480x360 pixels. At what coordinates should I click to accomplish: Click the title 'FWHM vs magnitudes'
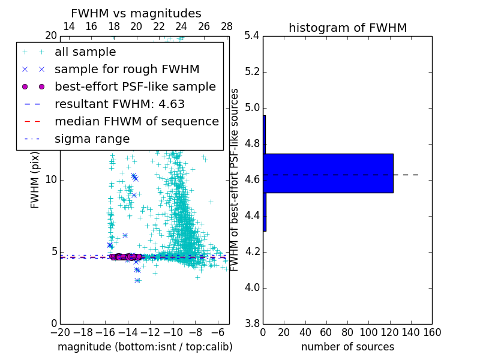pyautogui.click(x=136, y=13)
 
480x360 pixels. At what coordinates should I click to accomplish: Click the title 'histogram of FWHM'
pyautogui.click(x=347, y=28)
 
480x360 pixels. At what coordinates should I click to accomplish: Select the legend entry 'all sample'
pyautogui.click(x=85, y=52)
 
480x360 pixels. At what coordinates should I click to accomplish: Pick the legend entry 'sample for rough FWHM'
pyautogui.click(x=127, y=70)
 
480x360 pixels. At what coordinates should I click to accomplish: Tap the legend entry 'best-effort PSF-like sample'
pyautogui.click(x=135, y=86)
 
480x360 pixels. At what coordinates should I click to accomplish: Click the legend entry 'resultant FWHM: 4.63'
pyautogui.click(x=119, y=104)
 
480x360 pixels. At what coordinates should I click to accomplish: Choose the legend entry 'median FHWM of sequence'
pyautogui.click(x=136, y=121)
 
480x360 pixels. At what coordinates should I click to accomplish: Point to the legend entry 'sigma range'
pyautogui.click(x=92, y=139)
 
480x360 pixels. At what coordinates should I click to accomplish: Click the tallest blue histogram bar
pyautogui.click(x=328, y=173)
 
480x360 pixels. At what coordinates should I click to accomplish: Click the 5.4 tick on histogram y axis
pyautogui.click(x=252, y=36)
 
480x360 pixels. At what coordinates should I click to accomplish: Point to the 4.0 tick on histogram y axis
pyautogui.click(x=252, y=287)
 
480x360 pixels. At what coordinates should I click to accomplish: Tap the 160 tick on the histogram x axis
pyautogui.click(x=432, y=332)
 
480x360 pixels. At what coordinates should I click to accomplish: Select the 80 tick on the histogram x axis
pyautogui.click(x=347, y=332)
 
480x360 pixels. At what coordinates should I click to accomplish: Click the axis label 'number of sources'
pyautogui.click(x=347, y=347)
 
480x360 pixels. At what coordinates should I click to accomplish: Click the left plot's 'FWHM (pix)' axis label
pyautogui.click(x=35, y=179)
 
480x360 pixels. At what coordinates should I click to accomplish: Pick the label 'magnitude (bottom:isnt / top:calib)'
pyautogui.click(x=145, y=347)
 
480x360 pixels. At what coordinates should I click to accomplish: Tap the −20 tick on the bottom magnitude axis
pyautogui.click(x=60, y=332)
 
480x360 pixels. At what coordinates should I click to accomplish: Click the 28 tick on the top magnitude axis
pyautogui.click(x=227, y=26)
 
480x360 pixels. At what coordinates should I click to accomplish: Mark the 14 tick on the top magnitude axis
pyautogui.click(x=69, y=26)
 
